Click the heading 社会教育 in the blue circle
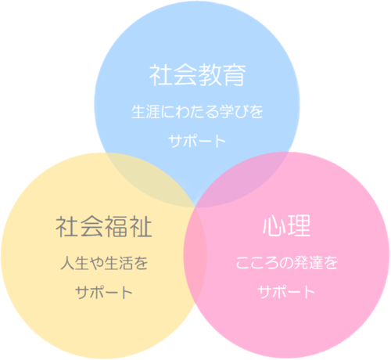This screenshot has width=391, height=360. (x=197, y=75)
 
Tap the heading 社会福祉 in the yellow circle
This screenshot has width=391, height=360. (x=104, y=226)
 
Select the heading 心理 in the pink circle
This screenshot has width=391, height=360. (x=286, y=225)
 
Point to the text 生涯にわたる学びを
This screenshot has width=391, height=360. (x=197, y=112)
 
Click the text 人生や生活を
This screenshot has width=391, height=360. (x=104, y=263)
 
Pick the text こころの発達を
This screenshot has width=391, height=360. (x=287, y=262)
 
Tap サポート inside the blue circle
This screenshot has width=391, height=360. (x=197, y=141)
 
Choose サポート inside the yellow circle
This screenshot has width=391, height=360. (x=104, y=292)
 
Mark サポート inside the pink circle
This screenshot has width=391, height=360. (x=286, y=292)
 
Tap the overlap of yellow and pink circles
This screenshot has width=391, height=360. (x=195, y=257)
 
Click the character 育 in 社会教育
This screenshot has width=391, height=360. (x=234, y=75)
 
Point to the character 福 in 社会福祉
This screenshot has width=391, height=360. (x=116, y=226)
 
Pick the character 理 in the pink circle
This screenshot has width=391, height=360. (x=299, y=225)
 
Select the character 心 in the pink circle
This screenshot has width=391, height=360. (x=274, y=225)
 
